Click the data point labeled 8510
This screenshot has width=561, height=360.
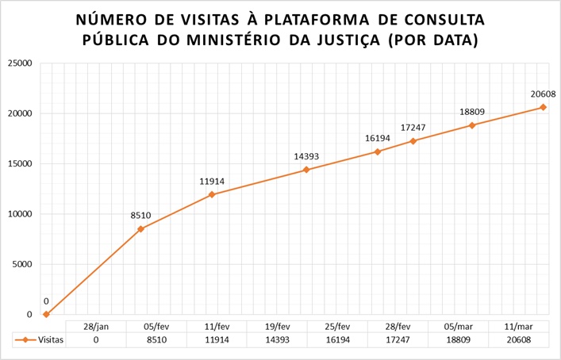(140, 229)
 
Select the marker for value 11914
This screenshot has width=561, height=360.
(212, 194)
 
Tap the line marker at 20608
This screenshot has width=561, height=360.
(543, 107)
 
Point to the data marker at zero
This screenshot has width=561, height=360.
(46, 314)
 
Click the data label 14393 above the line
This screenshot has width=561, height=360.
(306, 157)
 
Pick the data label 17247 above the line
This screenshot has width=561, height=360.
(413, 127)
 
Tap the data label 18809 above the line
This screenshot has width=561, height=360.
(472, 112)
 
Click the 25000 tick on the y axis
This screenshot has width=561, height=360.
(19, 63)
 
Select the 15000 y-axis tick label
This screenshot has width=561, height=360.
(19, 163)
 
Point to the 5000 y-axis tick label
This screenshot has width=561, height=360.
(21, 264)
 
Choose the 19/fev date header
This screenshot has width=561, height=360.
(275, 326)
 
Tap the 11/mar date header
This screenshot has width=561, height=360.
(517, 326)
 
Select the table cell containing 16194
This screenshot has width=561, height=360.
(336, 339)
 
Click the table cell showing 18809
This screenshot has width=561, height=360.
(456, 339)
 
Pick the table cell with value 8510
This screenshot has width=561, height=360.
(156, 339)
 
